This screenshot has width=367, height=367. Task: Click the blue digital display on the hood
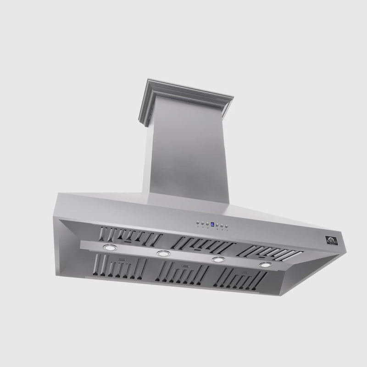coord(212,224)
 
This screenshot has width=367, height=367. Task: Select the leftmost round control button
coord(198,223)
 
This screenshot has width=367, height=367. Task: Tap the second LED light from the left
coord(163,253)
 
